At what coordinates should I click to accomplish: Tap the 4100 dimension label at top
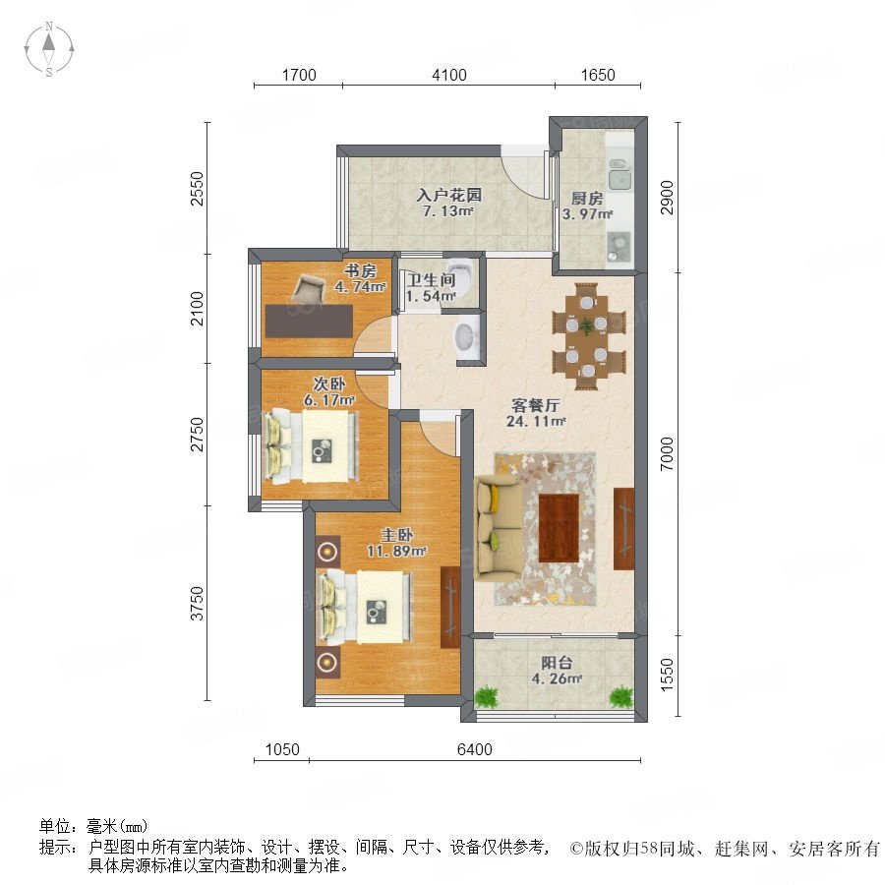pos(449,75)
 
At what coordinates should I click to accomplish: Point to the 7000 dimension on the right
pos(667,453)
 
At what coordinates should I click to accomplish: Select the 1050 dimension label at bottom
pos(282,749)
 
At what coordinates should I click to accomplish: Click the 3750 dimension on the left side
pos(197,604)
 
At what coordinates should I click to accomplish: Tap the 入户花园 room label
pos(449,196)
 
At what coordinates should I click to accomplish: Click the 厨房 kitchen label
pos(587,199)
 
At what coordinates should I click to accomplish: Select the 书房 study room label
pos(360,271)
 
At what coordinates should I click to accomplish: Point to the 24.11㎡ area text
pos(536,421)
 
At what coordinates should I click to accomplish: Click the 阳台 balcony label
pos(557,663)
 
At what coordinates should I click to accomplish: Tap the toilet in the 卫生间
pos(462,276)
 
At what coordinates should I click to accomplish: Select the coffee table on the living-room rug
pos(559,528)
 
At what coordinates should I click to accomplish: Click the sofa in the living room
pos(498,528)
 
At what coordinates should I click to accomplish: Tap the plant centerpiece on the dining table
pos(586,325)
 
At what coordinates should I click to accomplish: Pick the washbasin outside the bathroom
pos(467,337)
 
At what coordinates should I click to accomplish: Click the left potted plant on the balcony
pos(487,696)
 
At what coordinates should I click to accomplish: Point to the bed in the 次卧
pos(311,446)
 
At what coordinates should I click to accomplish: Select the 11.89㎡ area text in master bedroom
pos(396,551)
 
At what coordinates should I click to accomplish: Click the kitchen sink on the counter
pos(619,180)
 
